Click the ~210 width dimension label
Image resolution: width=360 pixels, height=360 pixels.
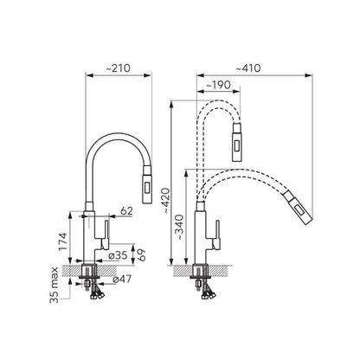pos(119,68)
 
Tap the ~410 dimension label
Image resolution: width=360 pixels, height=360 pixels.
pos(248,68)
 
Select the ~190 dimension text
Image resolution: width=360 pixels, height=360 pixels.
pos(219,85)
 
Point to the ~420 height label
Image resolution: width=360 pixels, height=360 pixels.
pos(166,201)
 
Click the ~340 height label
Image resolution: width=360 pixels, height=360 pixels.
pos(180,228)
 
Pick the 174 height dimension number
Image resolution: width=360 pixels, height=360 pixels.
pos(63,241)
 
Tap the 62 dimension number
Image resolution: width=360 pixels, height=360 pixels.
pos(126,211)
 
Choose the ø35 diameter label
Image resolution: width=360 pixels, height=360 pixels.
pos(118,255)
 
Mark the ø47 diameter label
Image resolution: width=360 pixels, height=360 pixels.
pos(122,279)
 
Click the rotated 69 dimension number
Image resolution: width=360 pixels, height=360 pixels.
pos(141,255)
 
